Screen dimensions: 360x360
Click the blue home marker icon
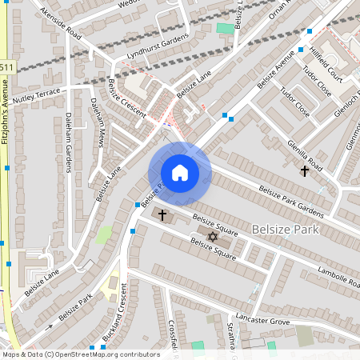pos(179,173)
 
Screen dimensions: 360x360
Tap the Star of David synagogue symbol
pos(213,237)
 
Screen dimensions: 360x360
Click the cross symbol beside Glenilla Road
pos(304,170)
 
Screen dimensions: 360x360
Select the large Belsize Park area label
pos(285,229)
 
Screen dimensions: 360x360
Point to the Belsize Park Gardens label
pos(290,201)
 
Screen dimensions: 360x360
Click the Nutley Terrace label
pos(38,94)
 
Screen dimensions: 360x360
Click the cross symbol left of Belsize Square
pos(162,215)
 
